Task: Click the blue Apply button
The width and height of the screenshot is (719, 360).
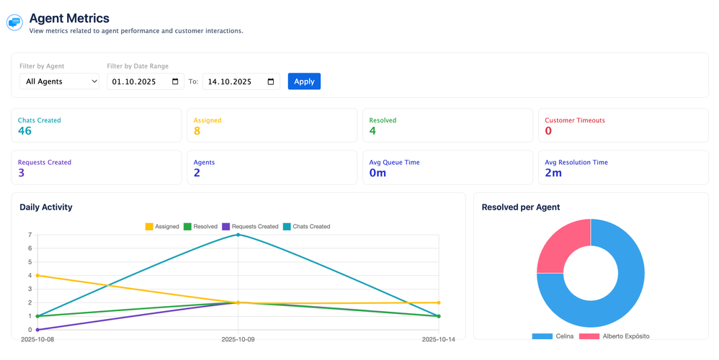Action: click(304, 81)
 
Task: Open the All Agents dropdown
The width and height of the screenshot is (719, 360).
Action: click(59, 81)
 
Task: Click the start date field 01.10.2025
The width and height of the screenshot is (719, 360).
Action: click(145, 81)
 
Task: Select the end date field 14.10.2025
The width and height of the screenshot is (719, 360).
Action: click(241, 81)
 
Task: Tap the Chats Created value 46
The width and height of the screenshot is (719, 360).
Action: click(24, 131)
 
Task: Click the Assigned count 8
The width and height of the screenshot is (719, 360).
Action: click(197, 131)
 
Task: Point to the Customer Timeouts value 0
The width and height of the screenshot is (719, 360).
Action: click(548, 131)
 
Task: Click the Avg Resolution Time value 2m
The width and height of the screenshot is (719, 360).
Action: click(553, 173)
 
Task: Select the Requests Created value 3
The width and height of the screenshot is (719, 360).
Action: click(22, 173)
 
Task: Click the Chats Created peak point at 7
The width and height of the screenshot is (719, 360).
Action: click(238, 235)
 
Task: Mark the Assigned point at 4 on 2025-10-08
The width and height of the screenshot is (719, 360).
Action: click(37, 275)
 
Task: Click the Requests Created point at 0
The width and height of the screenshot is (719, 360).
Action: click(37, 330)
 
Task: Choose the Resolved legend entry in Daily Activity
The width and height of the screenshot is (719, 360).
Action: click(200, 227)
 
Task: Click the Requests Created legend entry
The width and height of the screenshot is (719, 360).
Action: click(250, 227)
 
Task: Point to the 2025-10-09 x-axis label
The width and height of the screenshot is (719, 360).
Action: click(238, 339)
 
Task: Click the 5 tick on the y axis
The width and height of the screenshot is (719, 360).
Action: click(30, 262)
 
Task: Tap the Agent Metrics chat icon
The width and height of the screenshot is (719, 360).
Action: click(14, 23)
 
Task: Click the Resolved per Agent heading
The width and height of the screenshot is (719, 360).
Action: click(521, 207)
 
